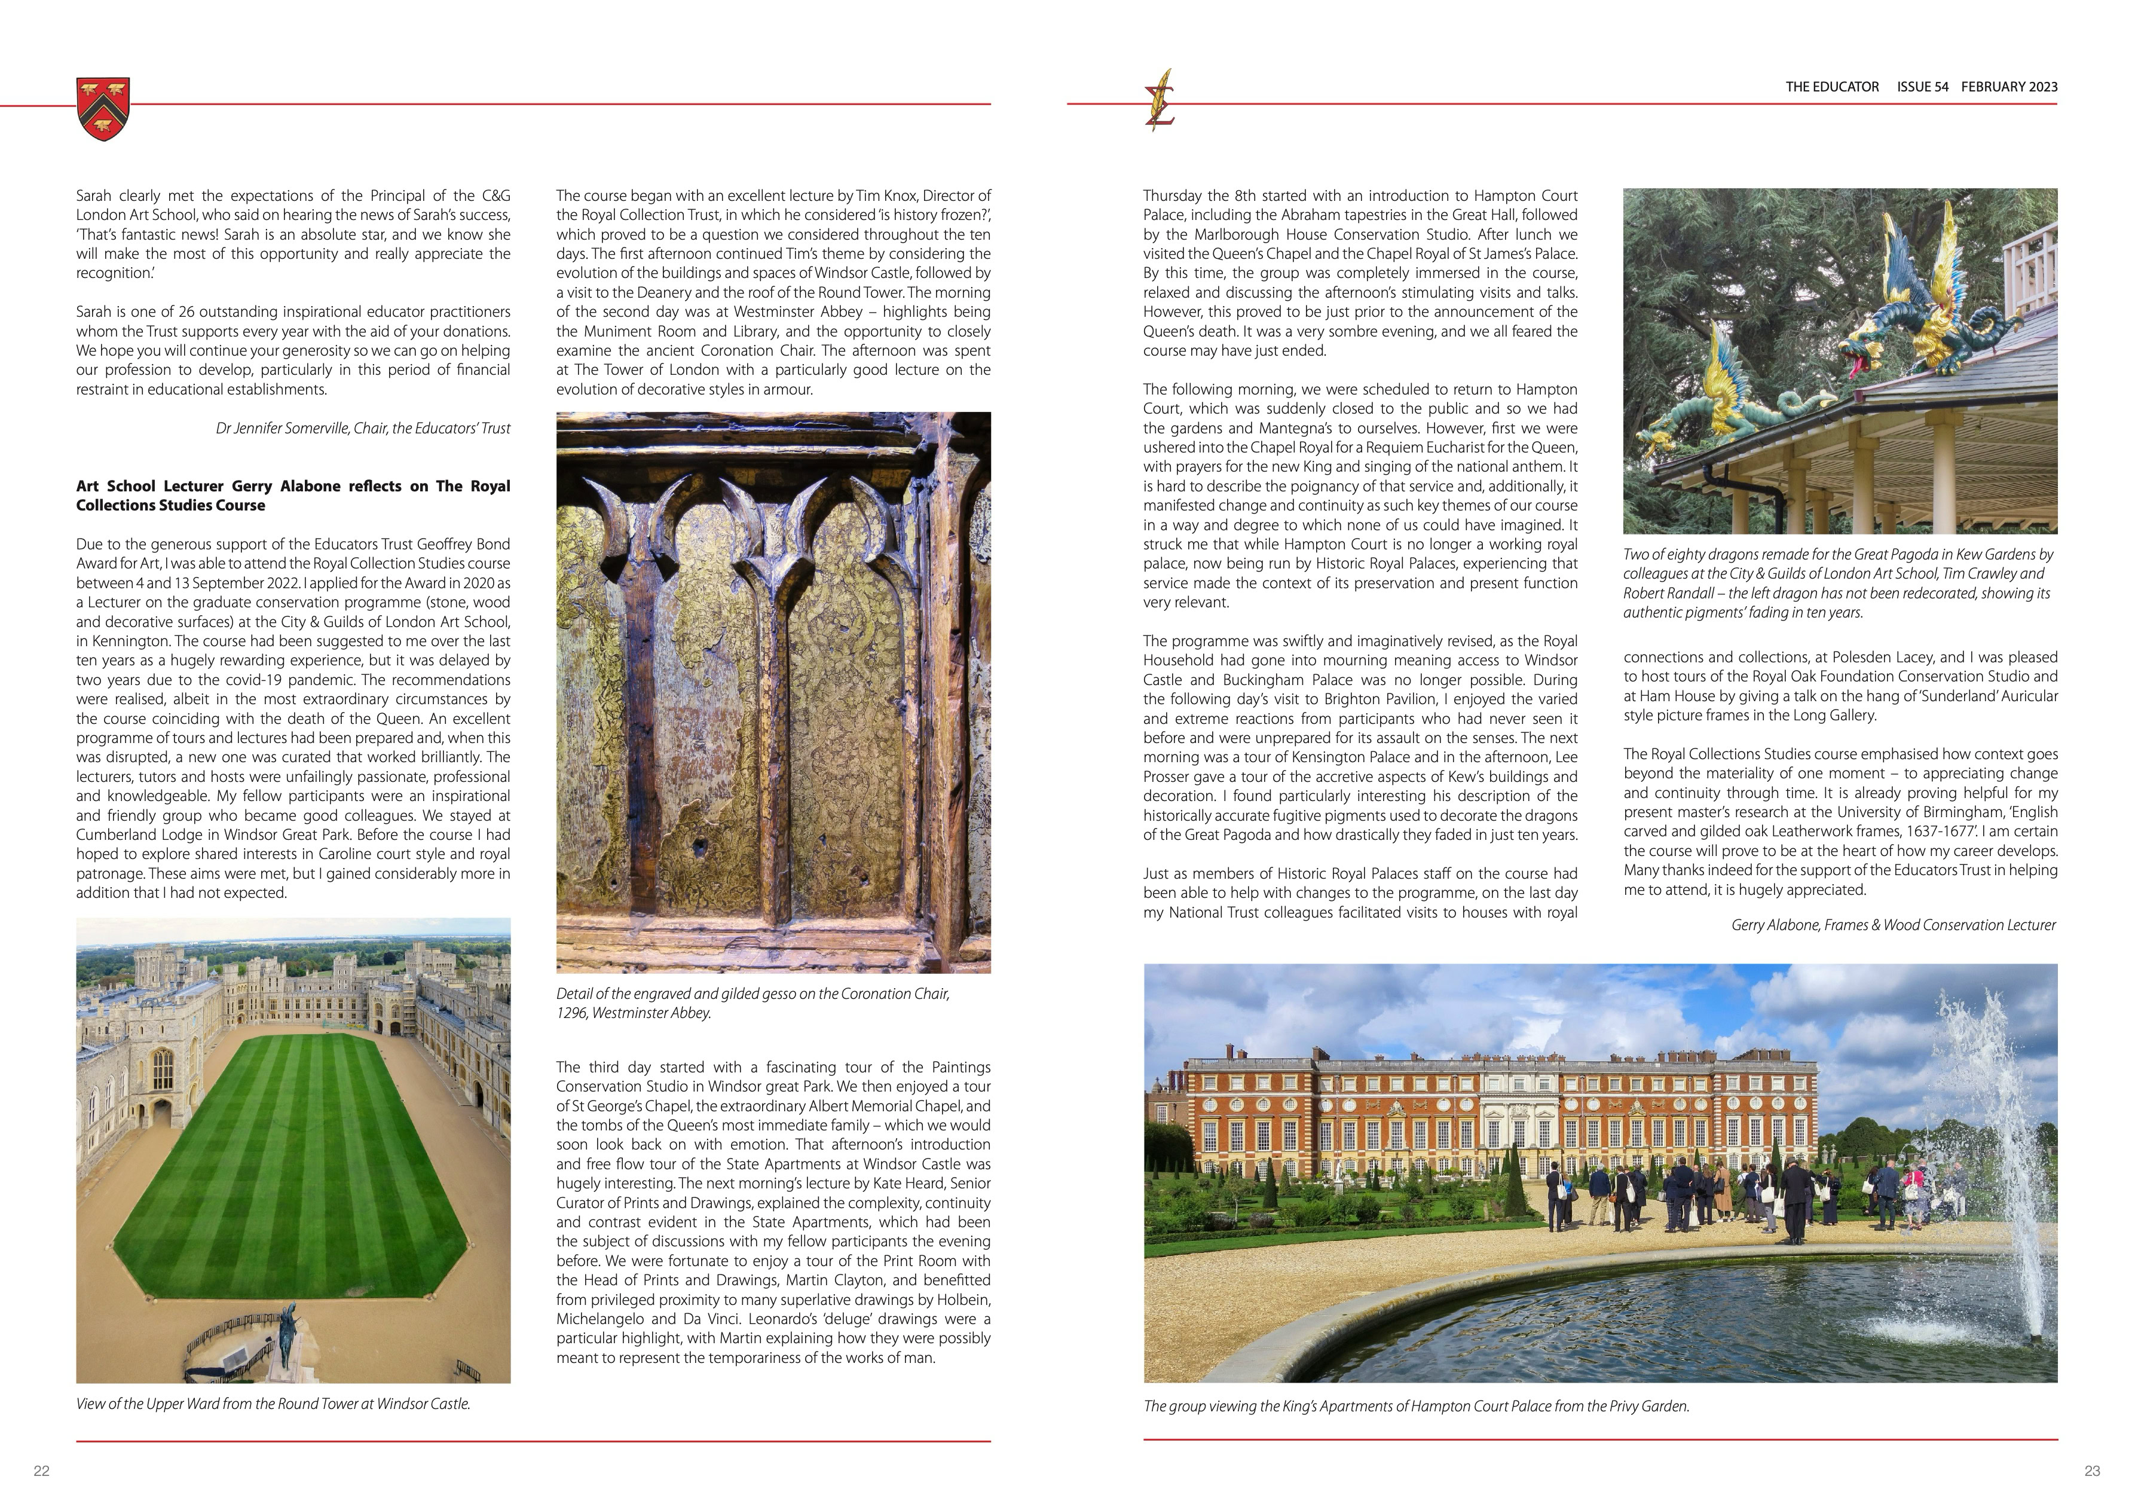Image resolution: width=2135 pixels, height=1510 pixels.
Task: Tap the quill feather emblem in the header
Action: [1161, 99]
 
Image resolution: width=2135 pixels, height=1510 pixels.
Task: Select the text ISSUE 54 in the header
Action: [1922, 87]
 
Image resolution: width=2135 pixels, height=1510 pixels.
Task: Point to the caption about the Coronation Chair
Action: [753, 1003]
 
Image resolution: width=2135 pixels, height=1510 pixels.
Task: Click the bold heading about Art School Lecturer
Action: [293, 496]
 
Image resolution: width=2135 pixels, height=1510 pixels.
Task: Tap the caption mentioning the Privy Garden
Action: [1416, 1407]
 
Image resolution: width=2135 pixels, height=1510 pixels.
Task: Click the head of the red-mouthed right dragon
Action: [1879, 349]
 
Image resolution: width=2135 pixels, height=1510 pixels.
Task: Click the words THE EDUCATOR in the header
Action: [1832, 87]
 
